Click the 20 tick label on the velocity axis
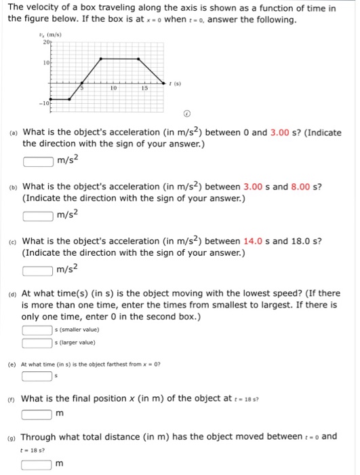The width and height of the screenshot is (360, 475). click(x=46, y=42)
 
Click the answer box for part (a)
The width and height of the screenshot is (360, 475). click(x=38, y=161)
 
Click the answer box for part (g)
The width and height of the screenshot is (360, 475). click(x=37, y=464)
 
